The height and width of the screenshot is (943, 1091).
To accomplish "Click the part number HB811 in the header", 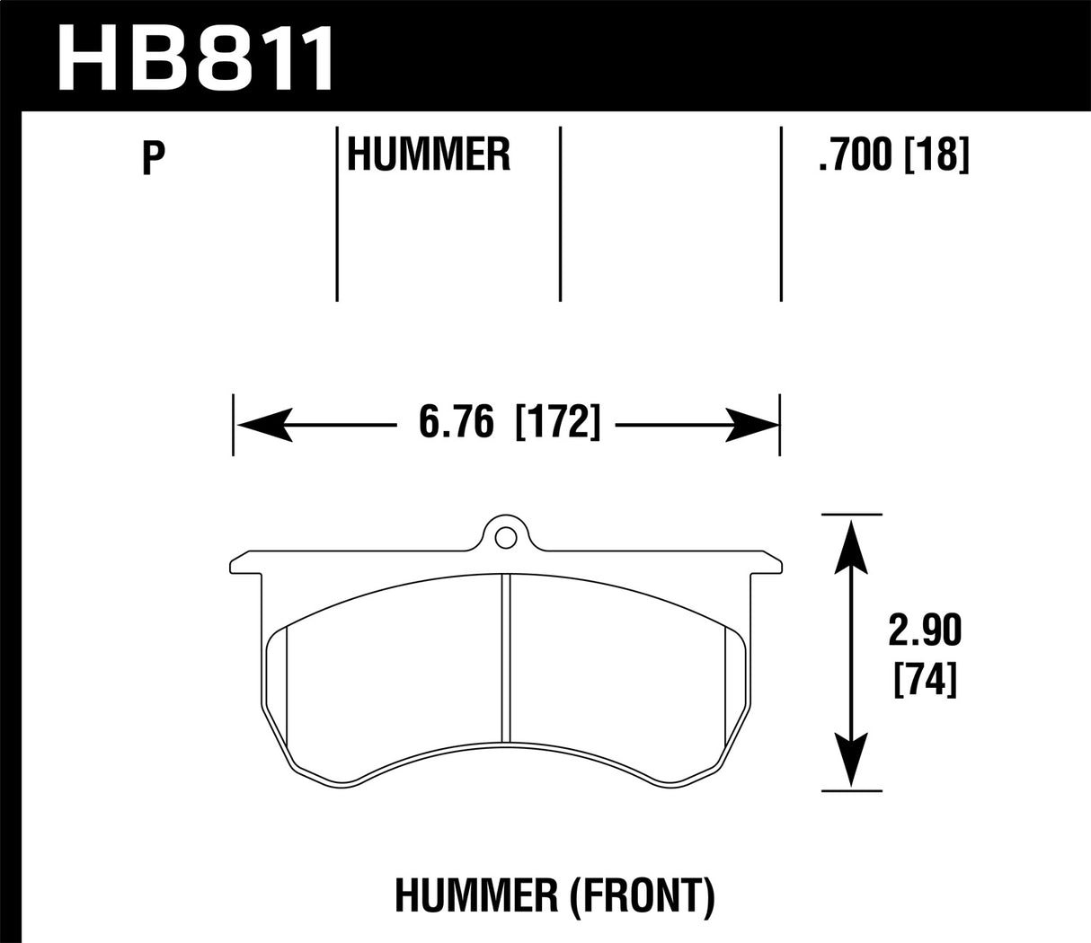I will (196, 57).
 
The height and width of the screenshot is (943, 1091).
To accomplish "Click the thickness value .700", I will (857, 157).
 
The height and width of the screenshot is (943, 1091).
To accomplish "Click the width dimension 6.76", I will (457, 422).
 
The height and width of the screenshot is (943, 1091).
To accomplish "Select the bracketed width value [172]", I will (557, 422).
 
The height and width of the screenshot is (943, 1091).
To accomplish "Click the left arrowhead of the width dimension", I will (263, 423).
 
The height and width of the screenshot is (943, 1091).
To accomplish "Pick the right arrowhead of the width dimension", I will (751, 423).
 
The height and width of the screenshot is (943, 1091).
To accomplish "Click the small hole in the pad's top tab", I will (505, 537).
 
